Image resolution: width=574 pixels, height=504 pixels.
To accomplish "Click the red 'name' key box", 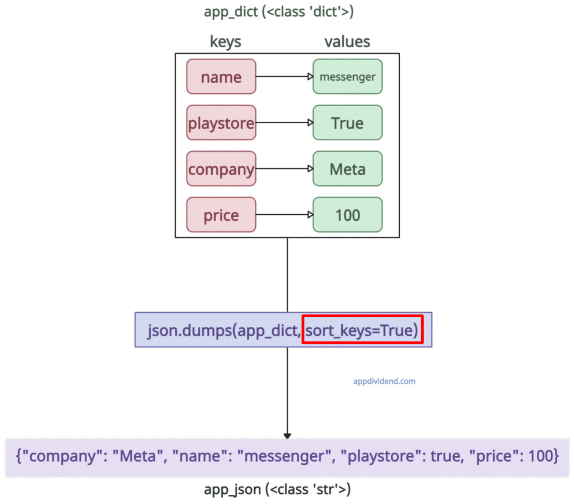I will pyautogui.click(x=221, y=77).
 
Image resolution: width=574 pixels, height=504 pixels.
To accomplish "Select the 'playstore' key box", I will pyautogui.click(x=221, y=123).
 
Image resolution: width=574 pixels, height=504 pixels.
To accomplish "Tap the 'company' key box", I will pyautogui.click(x=221, y=169).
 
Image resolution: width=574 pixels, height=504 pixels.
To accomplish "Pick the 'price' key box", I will pyautogui.click(x=221, y=215).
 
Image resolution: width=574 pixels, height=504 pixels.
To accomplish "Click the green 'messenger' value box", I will pyautogui.click(x=347, y=77).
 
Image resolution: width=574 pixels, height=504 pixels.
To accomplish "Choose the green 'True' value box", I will pyautogui.click(x=347, y=123).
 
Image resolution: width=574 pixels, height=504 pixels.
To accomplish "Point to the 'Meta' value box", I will pyautogui.click(x=347, y=169).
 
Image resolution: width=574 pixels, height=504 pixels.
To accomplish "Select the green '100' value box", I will pyautogui.click(x=347, y=215).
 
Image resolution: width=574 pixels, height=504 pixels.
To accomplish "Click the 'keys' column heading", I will pyautogui.click(x=225, y=42).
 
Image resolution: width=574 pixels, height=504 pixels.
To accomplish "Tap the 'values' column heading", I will pyautogui.click(x=347, y=42).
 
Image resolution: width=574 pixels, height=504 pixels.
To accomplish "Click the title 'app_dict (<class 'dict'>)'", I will pyautogui.click(x=279, y=12).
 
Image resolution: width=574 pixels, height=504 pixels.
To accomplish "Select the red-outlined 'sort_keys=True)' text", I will pyautogui.click(x=362, y=330).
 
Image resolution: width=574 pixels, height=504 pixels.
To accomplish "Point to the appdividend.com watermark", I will pyautogui.click(x=384, y=381).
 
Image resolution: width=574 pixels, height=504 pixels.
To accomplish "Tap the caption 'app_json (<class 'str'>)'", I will pyautogui.click(x=277, y=489).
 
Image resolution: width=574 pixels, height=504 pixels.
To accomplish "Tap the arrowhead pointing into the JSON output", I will pyautogui.click(x=287, y=436).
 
